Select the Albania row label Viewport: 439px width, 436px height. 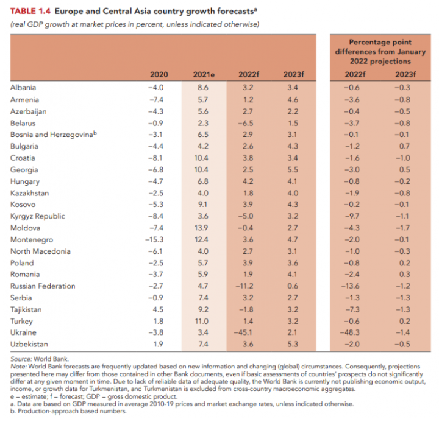(23, 88)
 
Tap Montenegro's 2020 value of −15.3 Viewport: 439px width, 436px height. (156, 239)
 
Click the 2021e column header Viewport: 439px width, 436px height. (203, 74)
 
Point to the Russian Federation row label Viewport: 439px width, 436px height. (43, 286)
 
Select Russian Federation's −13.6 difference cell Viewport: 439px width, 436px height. (354, 286)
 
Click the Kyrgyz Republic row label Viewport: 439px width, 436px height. (37, 216)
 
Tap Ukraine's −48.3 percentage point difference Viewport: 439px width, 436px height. (354, 332)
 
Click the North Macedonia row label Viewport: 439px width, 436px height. (40, 251)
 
